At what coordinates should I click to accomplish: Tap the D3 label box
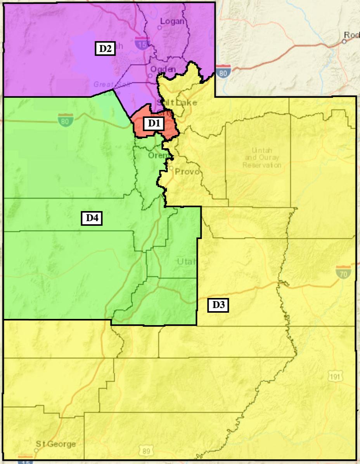tap(218, 305)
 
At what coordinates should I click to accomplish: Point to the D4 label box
tap(92, 218)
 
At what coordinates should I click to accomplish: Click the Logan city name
tap(172, 21)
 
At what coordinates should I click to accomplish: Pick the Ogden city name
tap(163, 69)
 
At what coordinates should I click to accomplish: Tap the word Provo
tap(187, 171)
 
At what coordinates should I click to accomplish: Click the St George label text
tap(56, 444)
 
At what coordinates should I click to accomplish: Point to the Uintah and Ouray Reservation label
tap(262, 158)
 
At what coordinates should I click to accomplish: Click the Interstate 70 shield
tap(344, 272)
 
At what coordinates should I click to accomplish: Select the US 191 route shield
tap(335, 376)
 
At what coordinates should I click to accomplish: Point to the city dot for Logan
tap(159, 28)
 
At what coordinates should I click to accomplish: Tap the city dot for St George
tap(36, 450)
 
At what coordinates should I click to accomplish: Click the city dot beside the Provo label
tap(171, 168)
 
